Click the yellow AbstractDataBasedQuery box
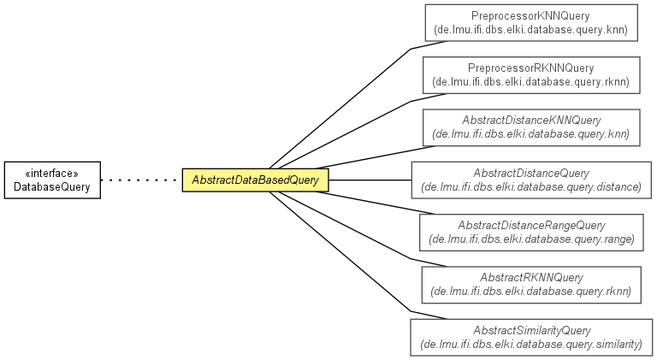(x=255, y=180)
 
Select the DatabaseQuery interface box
(x=52, y=180)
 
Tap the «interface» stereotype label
(x=52, y=174)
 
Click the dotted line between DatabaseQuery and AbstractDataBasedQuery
(x=141, y=180)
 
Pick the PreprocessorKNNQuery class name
(x=530, y=16)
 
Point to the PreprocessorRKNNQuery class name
(x=531, y=68)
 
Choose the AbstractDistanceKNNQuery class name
(x=531, y=120)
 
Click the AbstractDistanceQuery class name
(x=531, y=173)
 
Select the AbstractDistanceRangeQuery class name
(x=531, y=225)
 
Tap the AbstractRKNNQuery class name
(x=531, y=278)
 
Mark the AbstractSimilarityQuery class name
(x=532, y=330)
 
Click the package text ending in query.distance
(x=531, y=186)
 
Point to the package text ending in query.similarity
(x=531, y=344)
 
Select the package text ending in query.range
(x=531, y=239)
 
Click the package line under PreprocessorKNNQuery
(x=531, y=30)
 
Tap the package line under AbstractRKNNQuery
(x=531, y=291)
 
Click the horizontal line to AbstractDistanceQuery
(x=370, y=180)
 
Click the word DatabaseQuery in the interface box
(x=52, y=186)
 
